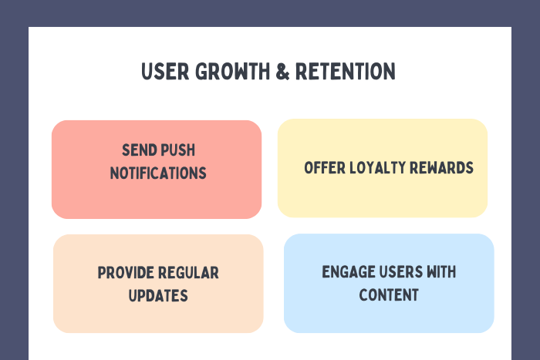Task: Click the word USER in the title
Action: tap(160, 72)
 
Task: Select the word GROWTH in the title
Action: tap(220, 72)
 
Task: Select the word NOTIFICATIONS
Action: tap(158, 173)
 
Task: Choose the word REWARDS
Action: tap(444, 168)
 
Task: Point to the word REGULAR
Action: tap(188, 273)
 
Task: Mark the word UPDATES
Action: tap(158, 295)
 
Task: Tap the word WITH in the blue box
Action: tap(441, 272)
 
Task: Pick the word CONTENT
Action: tap(389, 294)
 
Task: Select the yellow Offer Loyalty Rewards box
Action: tap(383, 197)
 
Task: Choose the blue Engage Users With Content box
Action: tap(389, 316)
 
